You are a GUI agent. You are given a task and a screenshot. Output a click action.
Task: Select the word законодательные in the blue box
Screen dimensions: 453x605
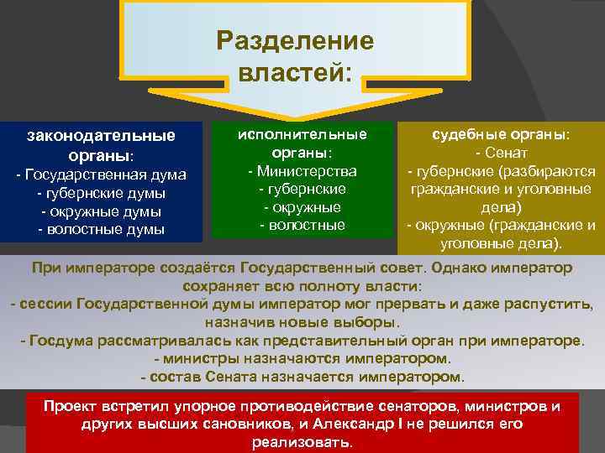102,135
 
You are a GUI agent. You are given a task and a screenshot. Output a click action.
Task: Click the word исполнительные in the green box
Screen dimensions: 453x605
302,134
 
